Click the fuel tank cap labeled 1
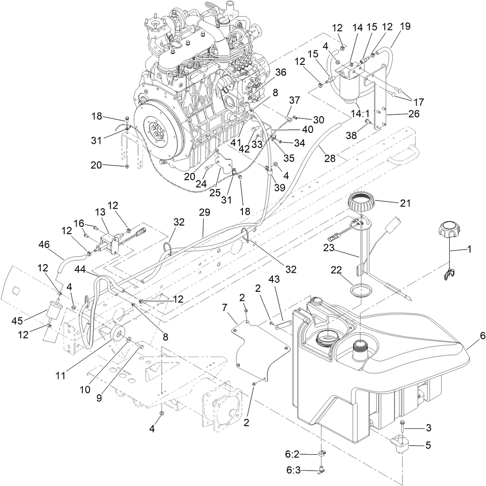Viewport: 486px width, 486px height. coord(449,228)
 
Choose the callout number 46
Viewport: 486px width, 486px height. coord(44,244)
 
